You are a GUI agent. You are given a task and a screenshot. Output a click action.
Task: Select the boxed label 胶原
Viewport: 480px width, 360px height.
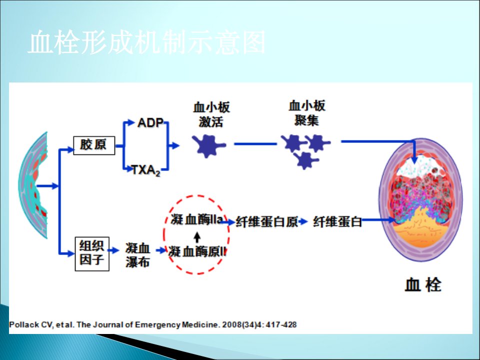[x=94, y=145]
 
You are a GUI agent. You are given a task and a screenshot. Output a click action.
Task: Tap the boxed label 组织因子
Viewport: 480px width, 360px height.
[x=92, y=253]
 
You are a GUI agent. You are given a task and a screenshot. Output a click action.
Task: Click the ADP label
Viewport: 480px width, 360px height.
[x=150, y=123]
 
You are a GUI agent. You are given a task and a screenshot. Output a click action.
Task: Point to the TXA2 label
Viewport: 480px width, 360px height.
[x=146, y=170]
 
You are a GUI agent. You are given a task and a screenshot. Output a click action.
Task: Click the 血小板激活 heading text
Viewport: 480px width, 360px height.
[x=211, y=114]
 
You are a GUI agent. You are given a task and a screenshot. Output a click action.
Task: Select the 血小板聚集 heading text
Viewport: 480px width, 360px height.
[x=306, y=113]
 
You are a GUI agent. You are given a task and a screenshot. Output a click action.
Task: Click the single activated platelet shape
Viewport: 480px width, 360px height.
[x=209, y=145]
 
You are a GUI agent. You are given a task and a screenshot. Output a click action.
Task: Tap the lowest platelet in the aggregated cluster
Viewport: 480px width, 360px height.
[x=306, y=160]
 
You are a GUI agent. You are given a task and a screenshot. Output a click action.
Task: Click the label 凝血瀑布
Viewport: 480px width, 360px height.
[x=137, y=255]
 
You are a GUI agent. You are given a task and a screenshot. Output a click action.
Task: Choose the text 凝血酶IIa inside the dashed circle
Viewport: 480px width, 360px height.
[x=196, y=219]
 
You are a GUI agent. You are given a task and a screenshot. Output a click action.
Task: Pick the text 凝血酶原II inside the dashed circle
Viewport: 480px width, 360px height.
[x=197, y=251]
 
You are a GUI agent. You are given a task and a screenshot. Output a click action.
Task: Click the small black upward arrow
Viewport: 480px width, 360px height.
[x=197, y=237]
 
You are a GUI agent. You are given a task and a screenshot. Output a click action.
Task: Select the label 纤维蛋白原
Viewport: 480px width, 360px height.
[x=266, y=222]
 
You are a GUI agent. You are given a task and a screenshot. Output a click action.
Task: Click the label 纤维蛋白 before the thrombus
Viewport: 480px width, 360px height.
[x=337, y=221]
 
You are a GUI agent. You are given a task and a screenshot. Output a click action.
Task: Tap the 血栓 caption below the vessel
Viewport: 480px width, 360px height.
[x=423, y=285]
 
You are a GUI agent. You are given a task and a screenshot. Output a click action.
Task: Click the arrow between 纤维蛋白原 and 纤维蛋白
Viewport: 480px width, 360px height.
[x=303, y=221]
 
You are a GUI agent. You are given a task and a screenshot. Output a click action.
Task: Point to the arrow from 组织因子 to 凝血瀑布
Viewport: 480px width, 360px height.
[x=113, y=250]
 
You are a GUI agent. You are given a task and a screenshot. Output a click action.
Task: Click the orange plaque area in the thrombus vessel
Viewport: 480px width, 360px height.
[x=420, y=228]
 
